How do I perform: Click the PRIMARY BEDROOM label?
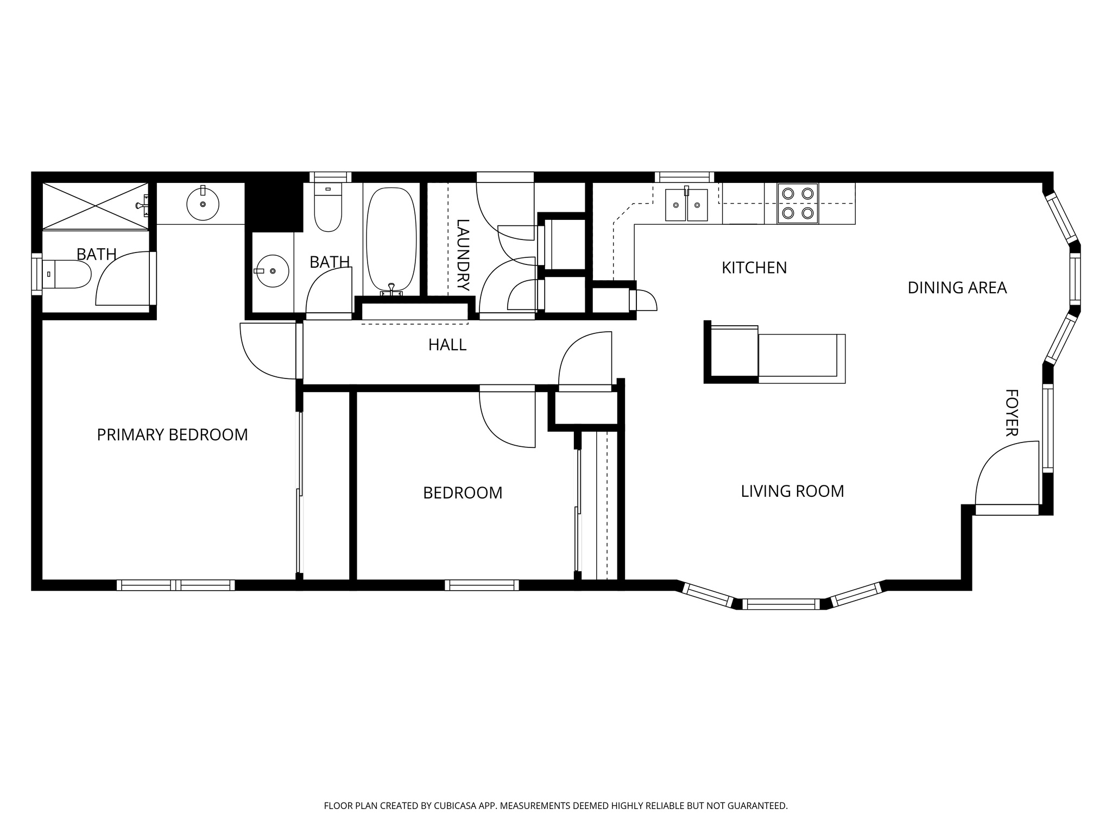click(172, 435)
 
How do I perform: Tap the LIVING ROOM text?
click(792, 491)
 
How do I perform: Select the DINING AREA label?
click(957, 288)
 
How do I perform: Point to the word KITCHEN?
click(754, 268)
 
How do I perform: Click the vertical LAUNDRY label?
click(463, 255)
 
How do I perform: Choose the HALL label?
click(447, 345)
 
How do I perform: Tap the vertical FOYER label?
click(1010, 413)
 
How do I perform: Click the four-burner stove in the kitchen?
click(797, 204)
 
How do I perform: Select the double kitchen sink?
click(686, 205)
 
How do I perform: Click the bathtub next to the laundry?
click(391, 239)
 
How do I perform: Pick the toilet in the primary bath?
click(68, 274)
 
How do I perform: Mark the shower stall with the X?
click(96, 206)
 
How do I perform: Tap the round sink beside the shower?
click(203, 204)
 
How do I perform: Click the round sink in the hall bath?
click(272, 270)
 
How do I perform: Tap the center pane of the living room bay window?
click(780, 604)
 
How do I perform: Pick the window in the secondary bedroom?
click(481, 585)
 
